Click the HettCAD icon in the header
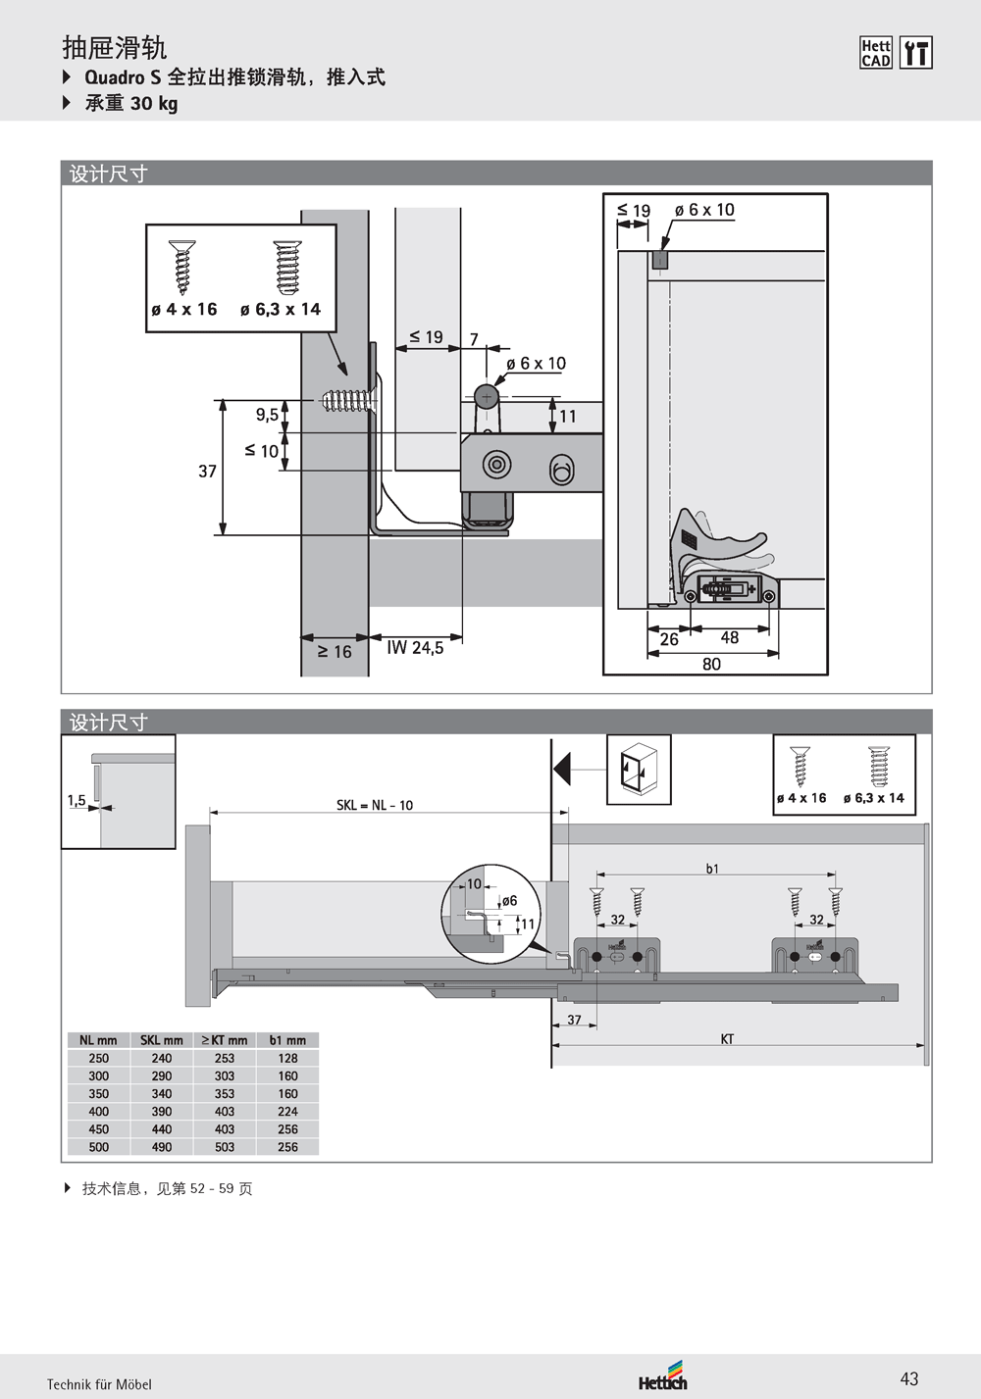[x=875, y=53]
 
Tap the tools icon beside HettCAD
[x=915, y=53]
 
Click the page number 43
[x=909, y=1378]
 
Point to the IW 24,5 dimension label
[x=415, y=648]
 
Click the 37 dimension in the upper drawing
[x=207, y=472]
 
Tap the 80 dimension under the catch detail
[x=711, y=664]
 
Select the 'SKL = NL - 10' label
[x=375, y=805]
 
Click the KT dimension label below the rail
[x=727, y=1039]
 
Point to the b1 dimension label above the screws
[x=712, y=869]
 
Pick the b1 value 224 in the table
[x=287, y=1112]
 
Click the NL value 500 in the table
[x=99, y=1147]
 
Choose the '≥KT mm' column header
[x=225, y=1040]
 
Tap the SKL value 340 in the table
[x=162, y=1094]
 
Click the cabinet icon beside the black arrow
[x=639, y=770]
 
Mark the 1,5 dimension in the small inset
[x=77, y=801]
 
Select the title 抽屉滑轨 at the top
[x=114, y=47]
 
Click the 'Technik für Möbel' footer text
[x=99, y=1384]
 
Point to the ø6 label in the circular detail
[x=509, y=901]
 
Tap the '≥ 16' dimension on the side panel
[x=335, y=652]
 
